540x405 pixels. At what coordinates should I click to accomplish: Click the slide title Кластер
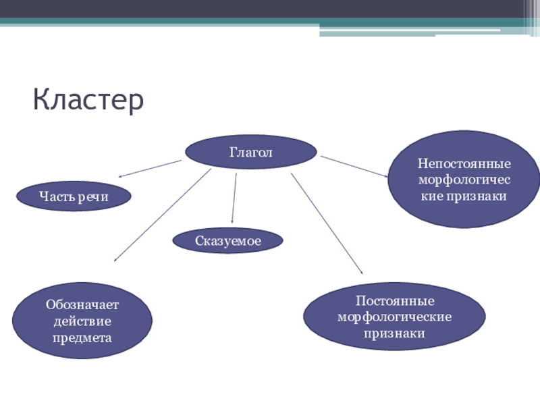tap(88, 101)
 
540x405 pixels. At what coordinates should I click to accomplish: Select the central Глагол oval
tap(250, 153)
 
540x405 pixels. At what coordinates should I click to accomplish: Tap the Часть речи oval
tap(74, 196)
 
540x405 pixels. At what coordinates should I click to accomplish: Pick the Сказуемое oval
tap(227, 240)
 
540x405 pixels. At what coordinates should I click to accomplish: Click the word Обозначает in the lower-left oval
tap(82, 305)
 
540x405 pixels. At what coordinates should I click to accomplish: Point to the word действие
tap(82, 321)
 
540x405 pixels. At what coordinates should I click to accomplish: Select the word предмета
tap(82, 336)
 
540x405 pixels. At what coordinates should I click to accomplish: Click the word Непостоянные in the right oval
tap(464, 164)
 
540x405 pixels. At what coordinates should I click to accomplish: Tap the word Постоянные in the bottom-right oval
tap(394, 300)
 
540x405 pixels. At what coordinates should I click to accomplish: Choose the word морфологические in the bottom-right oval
tap(394, 317)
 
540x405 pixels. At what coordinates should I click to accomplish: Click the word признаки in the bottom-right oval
tap(394, 333)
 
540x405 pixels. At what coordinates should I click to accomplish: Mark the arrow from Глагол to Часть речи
tap(151, 169)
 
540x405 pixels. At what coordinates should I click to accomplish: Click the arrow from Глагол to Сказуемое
tap(234, 198)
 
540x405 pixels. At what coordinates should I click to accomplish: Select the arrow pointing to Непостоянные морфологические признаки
tap(354, 167)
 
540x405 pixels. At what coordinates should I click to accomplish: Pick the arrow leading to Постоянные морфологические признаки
tap(327, 223)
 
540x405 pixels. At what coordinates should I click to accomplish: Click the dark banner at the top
tap(270, 9)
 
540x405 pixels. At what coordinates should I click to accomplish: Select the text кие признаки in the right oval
tap(464, 196)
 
